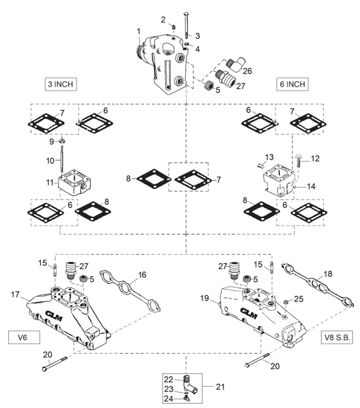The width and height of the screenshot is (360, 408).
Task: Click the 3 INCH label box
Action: tap(61, 84)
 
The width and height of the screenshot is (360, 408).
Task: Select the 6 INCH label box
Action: tap(292, 84)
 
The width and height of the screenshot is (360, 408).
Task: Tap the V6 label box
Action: tap(24, 337)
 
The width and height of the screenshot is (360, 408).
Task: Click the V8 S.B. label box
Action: tap(337, 337)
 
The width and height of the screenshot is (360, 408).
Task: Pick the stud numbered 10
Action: tap(62, 158)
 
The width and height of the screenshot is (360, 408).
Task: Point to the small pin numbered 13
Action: tap(262, 164)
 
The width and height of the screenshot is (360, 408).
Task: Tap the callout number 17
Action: tap(16, 294)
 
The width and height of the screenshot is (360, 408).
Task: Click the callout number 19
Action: tap(205, 298)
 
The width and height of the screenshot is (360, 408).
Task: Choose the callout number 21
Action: tap(220, 387)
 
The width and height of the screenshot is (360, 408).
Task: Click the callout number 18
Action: tap(328, 274)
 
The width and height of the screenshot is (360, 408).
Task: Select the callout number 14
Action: tap(311, 186)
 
